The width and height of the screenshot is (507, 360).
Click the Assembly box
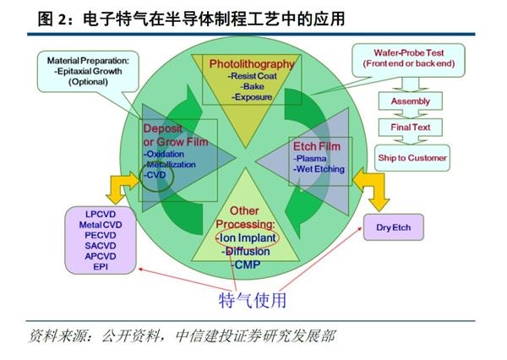click(411, 101)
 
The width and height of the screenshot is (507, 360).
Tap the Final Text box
click(411, 127)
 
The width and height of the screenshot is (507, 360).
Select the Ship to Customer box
click(412, 158)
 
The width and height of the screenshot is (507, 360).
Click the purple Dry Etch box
click(394, 227)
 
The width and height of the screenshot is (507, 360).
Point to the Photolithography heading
click(252, 63)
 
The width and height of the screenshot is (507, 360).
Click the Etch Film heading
click(317, 146)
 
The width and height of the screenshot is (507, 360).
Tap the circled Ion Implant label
click(247, 238)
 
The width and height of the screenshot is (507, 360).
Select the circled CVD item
click(156, 176)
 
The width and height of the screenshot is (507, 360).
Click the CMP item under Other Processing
click(246, 265)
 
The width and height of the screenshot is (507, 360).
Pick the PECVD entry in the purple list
click(101, 235)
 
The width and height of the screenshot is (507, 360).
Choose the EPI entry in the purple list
click(101, 267)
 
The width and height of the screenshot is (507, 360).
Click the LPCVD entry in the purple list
click(101, 214)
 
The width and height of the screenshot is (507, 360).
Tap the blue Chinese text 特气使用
click(253, 301)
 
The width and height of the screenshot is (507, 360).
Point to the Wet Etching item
click(319, 169)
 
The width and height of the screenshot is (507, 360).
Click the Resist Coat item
click(252, 76)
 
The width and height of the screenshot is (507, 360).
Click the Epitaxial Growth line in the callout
click(88, 71)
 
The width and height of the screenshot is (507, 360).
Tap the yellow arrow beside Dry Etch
click(372, 189)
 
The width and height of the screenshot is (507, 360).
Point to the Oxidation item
click(164, 155)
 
